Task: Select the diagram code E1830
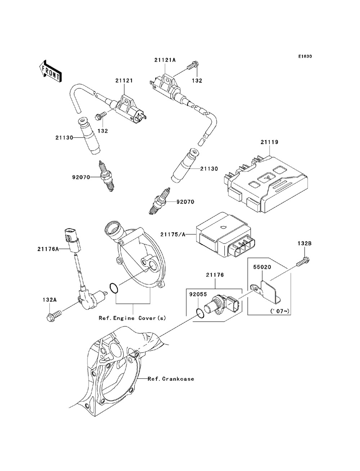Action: tap(305, 56)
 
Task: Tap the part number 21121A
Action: tap(165, 60)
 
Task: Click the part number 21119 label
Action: tap(269, 142)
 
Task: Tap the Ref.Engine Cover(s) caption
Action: tap(132, 318)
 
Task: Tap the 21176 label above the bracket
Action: tap(215, 275)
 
